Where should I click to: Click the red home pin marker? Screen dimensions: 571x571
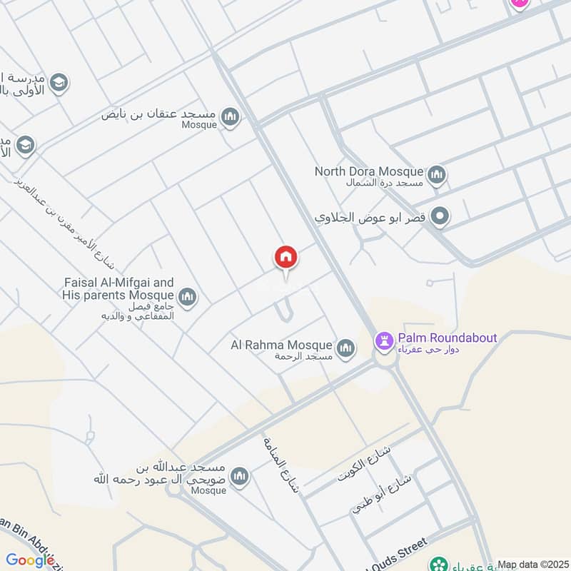[x=286, y=258]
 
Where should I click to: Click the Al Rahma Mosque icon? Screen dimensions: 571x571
[x=345, y=348]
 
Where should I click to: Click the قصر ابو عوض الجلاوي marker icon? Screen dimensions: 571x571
[x=441, y=216]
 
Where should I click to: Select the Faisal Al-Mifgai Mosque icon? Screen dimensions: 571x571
[x=188, y=297]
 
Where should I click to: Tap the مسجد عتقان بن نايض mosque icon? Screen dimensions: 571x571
[x=230, y=116]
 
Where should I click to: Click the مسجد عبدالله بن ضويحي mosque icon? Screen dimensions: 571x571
[x=241, y=475]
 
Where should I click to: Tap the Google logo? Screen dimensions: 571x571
[x=31, y=561]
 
